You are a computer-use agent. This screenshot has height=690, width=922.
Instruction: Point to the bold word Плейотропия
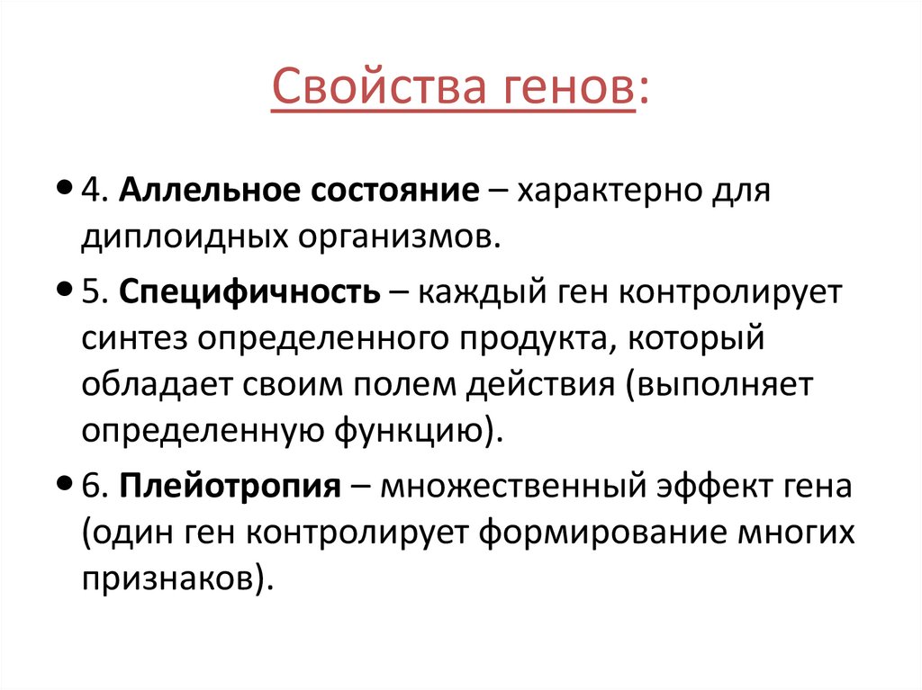(x=230, y=487)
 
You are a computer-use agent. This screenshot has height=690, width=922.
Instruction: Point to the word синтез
(x=133, y=339)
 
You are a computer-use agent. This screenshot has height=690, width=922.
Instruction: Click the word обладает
(x=156, y=385)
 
